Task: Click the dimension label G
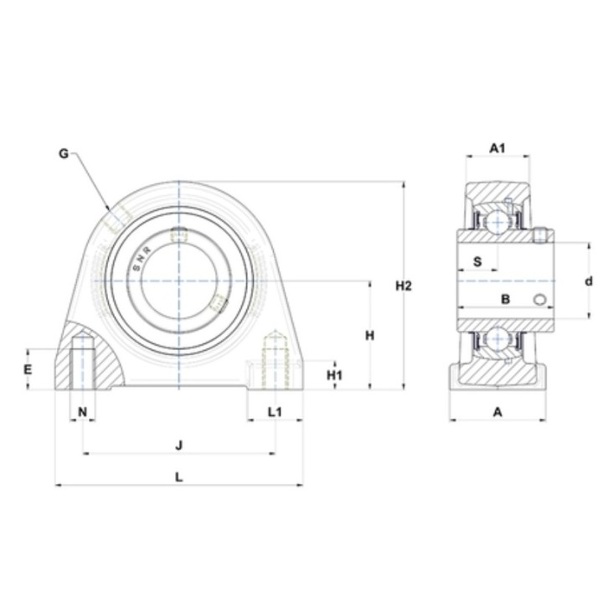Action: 64,154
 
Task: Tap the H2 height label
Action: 404,286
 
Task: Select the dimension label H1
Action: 334,375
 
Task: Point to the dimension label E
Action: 28,369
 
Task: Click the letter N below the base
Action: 83,412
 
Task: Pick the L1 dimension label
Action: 275,412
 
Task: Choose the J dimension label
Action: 179,446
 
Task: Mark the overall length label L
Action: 179,477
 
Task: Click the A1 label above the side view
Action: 497,148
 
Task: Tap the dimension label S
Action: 477,261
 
